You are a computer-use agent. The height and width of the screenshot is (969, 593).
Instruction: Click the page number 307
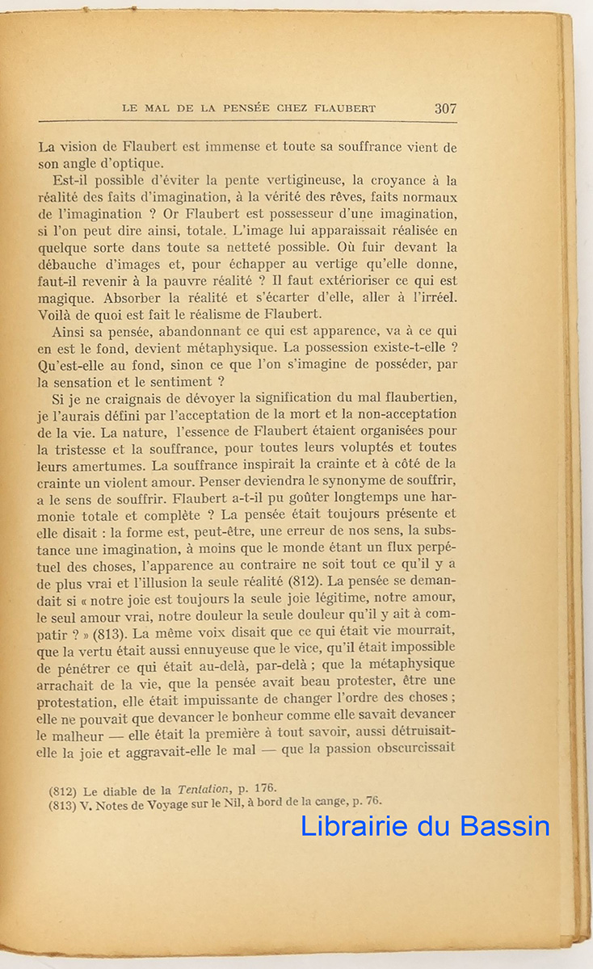(x=445, y=108)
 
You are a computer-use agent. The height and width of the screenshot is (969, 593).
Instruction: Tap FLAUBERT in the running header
(x=342, y=108)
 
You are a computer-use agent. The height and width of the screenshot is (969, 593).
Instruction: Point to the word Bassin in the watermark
(x=506, y=826)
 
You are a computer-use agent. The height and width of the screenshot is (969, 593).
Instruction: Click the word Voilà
(x=57, y=316)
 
